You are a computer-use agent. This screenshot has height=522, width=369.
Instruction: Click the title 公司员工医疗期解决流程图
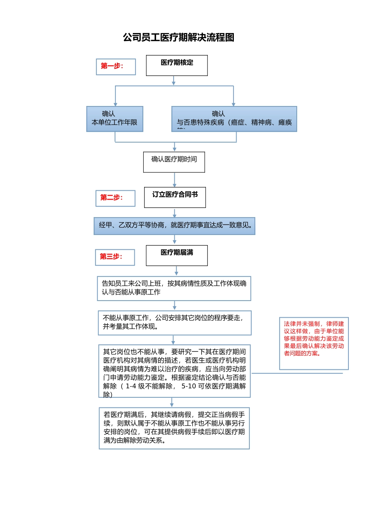(179, 37)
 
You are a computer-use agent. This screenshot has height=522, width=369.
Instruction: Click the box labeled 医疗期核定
(177, 65)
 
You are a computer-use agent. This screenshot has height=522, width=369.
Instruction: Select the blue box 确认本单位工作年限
(115, 119)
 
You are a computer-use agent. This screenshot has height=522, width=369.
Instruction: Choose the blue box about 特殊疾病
(234, 119)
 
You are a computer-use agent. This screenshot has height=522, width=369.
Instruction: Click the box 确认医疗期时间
(174, 162)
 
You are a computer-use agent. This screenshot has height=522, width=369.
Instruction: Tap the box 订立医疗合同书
(175, 197)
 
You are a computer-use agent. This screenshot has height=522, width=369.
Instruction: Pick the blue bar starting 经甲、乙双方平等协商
(174, 226)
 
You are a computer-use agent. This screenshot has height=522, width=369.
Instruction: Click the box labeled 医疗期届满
(177, 255)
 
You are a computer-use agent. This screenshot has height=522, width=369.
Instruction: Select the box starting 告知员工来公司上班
(174, 288)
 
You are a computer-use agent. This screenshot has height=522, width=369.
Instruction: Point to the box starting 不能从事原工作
(174, 322)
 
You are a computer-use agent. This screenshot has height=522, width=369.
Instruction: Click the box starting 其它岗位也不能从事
(174, 371)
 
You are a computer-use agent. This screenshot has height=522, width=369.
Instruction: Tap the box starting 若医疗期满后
(174, 428)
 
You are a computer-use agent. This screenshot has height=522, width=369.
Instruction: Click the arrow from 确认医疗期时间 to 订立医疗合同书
(174, 180)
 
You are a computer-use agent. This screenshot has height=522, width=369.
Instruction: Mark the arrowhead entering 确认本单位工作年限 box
(115, 104)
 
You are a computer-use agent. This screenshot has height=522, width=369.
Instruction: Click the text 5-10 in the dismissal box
(189, 386)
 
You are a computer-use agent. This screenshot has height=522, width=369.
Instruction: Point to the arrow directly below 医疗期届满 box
(176, 271)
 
